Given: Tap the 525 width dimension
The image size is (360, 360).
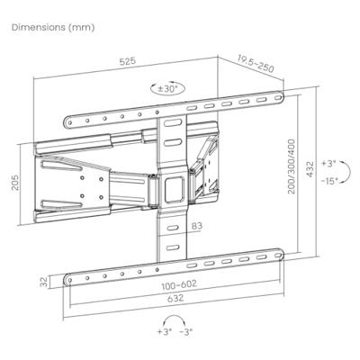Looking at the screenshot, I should click(125, 62).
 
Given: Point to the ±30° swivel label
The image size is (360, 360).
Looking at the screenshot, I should click(168, 88).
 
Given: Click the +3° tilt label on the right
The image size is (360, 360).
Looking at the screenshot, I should click(330, 164).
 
